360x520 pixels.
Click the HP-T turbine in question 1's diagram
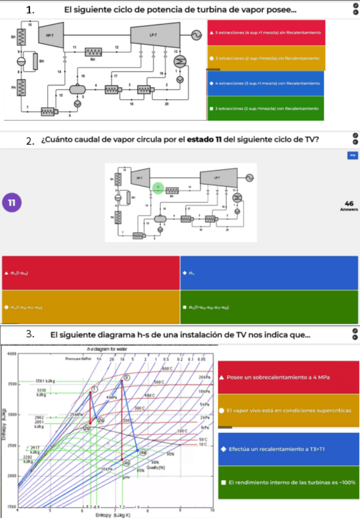click(50, 37)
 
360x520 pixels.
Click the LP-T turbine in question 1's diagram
click(153, 37)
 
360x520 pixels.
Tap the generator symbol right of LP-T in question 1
click(197, 36)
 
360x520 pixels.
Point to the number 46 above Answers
click(349, 203)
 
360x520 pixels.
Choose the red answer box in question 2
click(91, 272)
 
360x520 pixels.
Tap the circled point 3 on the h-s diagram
click(126, 378)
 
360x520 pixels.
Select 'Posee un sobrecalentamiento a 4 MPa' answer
click(287, 377)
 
